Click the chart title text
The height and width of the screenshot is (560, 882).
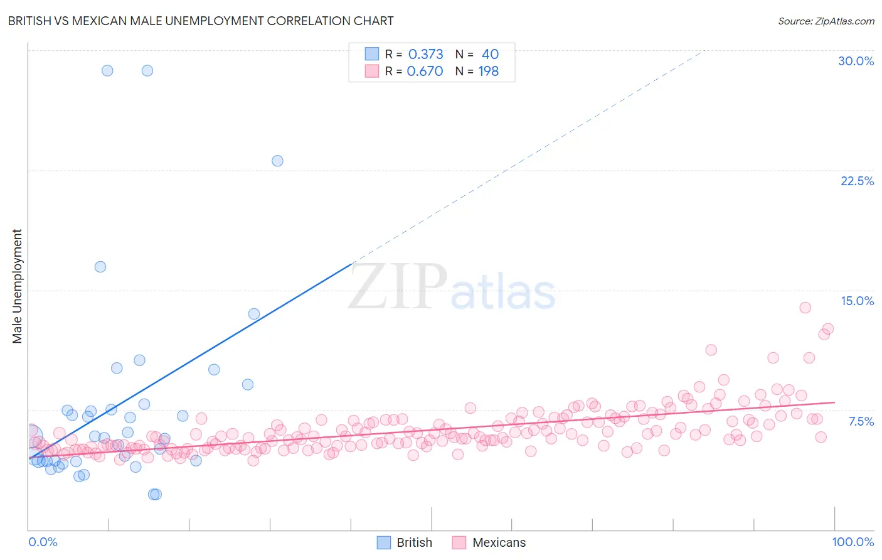pos(201,21)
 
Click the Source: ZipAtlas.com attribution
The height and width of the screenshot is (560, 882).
pos(826,21)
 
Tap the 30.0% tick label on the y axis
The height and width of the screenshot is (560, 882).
pos(856,61)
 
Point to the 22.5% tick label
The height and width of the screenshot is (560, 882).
pos(857,181)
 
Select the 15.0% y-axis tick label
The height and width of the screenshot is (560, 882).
pos(857,301)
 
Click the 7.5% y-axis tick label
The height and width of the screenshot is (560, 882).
pos(861,421)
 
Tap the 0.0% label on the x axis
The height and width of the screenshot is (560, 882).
pos(43,542)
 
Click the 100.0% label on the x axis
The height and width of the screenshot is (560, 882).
pos(853,542)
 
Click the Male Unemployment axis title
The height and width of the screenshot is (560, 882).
pos(18,286)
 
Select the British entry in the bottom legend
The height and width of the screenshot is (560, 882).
pos(414,542)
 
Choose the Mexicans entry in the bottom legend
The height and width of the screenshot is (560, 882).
pos(499,542)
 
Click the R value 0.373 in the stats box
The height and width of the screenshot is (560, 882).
pos(425,54)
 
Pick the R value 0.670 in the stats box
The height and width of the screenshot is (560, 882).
pos(425,71)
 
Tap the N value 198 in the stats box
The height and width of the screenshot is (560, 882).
pos(488,71)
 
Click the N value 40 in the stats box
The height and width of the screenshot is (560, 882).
pos(490,54)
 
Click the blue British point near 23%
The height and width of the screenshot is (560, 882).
pos(277,161)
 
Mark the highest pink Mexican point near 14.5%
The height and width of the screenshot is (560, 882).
pos(805,308)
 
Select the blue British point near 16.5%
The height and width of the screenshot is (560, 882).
pos(100,267)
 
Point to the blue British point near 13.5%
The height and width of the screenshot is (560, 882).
pos(254,314)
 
